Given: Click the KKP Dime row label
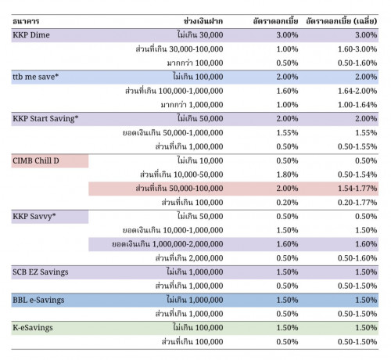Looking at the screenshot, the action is tap(31, 35).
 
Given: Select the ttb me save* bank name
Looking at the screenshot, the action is tap(35, 77).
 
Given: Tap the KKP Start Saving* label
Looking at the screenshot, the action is tap(45, 119).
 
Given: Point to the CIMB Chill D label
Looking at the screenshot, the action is tap(36, 160).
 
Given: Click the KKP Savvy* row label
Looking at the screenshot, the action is tap(34, 216).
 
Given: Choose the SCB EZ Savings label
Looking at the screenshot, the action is tap(41, 272).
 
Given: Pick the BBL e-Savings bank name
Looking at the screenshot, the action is tap(38, 300).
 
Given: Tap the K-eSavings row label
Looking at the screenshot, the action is tap(33, 328).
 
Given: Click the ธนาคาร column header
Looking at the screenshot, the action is tap(26, 21).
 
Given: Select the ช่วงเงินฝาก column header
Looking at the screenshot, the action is tap(203, 21).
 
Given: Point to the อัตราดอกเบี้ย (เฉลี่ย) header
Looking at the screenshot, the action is tap(342, 21).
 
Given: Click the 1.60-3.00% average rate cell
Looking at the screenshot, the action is tap(357, 49).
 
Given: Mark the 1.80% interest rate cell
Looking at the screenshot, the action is tap(287, 175).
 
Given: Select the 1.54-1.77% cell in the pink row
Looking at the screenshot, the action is tap(357, 189).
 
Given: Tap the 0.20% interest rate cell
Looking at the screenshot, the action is tap(287, 202).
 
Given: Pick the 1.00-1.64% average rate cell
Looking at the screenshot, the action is tap(357, 105).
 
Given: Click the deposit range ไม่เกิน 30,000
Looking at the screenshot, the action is tap(200, 34).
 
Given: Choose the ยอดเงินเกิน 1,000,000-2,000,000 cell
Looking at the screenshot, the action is tap(167, 244).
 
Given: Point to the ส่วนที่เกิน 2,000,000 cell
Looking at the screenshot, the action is tap(189, 257).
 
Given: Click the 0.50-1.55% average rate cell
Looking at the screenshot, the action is tap(357, 146).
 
